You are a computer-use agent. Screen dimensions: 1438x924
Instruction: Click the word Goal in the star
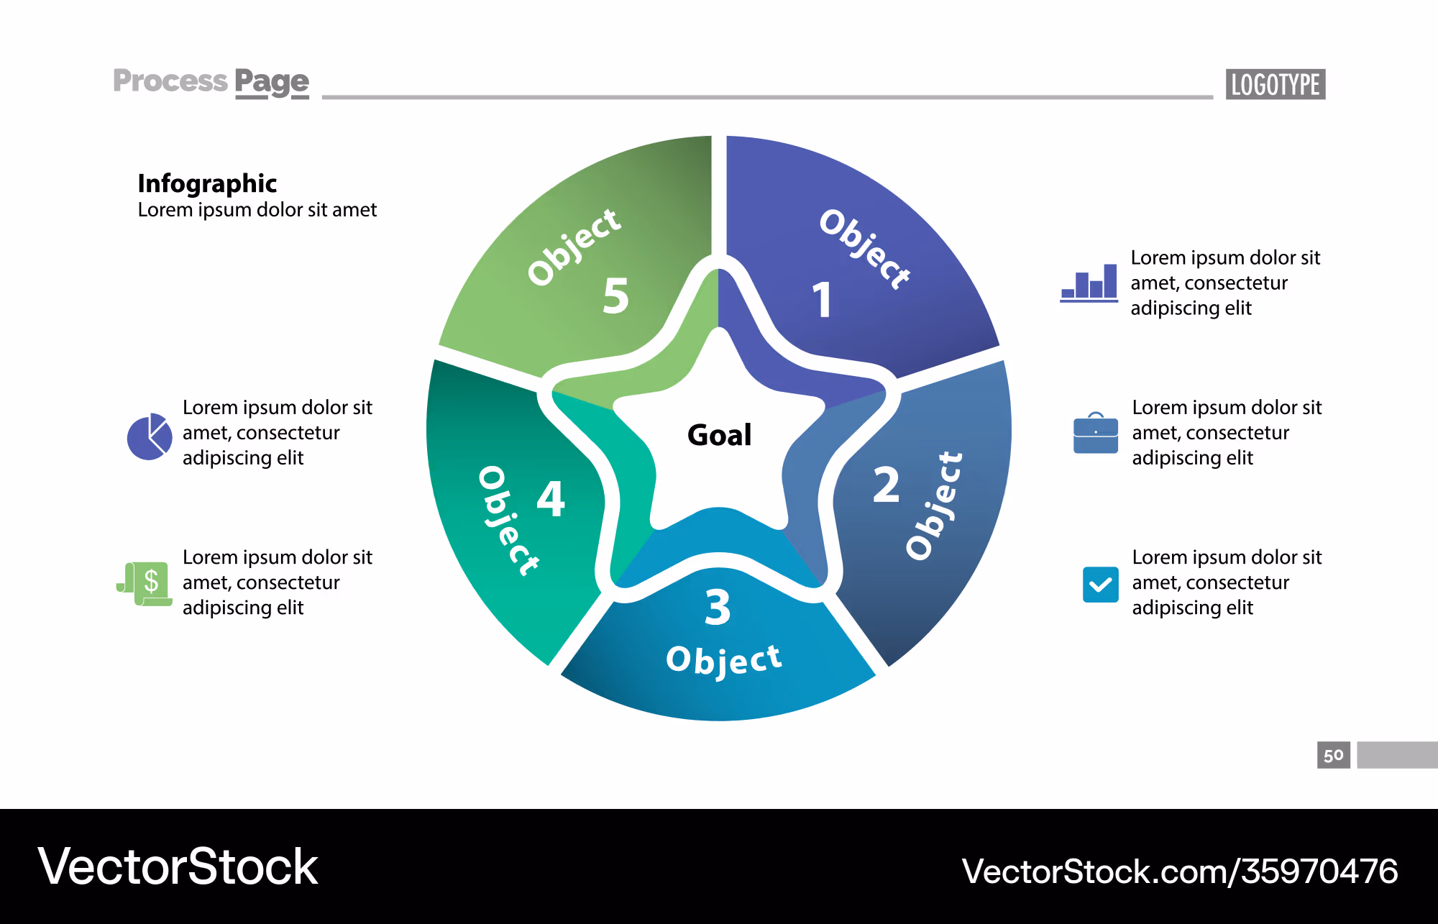pos(720,435)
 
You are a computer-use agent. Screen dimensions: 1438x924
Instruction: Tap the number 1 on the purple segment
pos(823,300)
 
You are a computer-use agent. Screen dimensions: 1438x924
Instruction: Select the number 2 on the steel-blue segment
pos(886,485)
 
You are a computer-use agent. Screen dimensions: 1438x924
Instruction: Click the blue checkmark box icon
pos(1100,584)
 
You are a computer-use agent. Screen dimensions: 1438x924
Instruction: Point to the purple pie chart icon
pos(150,436)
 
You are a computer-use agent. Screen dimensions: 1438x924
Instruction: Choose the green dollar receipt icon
pos(145,584)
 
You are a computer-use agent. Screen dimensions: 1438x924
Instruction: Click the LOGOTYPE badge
pos(1276,84)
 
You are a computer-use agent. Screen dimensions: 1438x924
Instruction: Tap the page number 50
pos(1334,755)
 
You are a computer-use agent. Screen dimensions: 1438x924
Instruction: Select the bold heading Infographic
pos(207,184)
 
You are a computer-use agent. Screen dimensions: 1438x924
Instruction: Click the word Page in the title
pos(272,82)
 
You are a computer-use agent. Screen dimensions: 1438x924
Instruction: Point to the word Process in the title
pos(170,81)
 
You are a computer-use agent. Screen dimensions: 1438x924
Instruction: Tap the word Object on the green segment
pos(574,247)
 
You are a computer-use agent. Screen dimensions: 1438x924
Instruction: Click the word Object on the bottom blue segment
pos(724,660)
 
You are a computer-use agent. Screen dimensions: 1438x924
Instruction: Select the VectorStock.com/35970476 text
pos(1180,871)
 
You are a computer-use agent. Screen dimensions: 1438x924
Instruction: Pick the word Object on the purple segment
pos(865,249)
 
